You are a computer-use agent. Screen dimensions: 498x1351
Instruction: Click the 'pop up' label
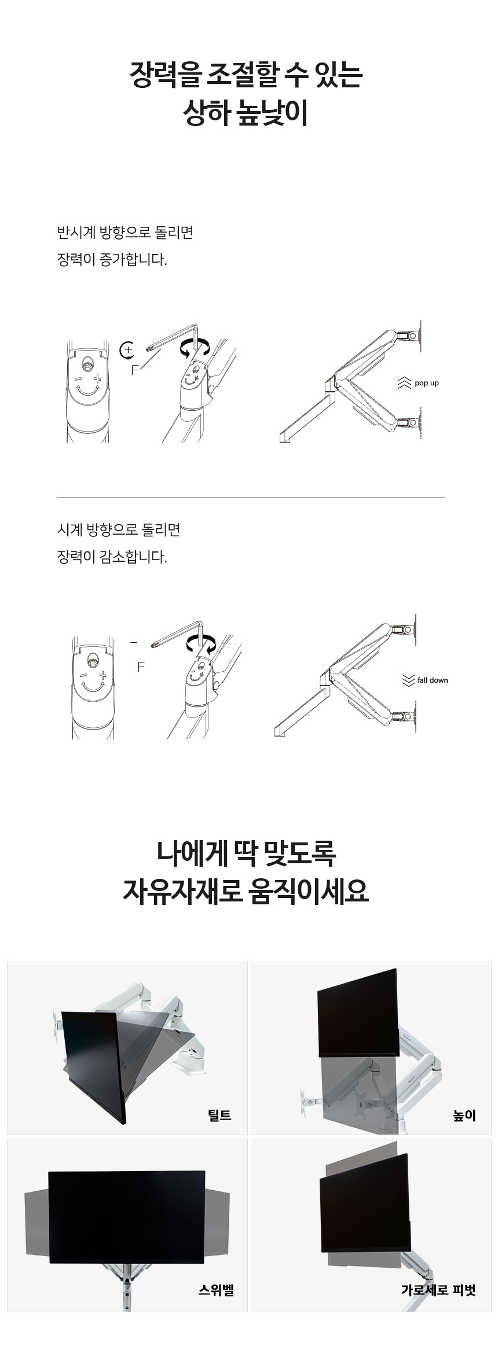coord(427,384)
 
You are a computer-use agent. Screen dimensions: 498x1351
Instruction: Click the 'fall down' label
coord(433,680)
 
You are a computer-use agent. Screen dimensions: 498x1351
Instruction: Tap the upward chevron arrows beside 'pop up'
coord(404,383)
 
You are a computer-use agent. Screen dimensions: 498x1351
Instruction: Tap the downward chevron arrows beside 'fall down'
coord(408,680)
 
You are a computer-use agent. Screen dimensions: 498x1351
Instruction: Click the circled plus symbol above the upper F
coord(127,350)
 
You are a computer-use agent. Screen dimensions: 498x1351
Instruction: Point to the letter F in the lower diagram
coord(141,667)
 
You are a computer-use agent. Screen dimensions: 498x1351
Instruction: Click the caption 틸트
coord(219,1115)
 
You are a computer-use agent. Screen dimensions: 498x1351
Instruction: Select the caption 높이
coord(464,1115)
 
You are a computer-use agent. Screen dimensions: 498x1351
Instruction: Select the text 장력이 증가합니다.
coord(112,260)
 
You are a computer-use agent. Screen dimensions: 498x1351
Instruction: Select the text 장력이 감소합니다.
coord(112,558)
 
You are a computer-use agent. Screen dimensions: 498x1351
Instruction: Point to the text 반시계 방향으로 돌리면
coord(125,233)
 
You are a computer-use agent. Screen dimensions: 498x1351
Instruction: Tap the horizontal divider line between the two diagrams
coord(251,498)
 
